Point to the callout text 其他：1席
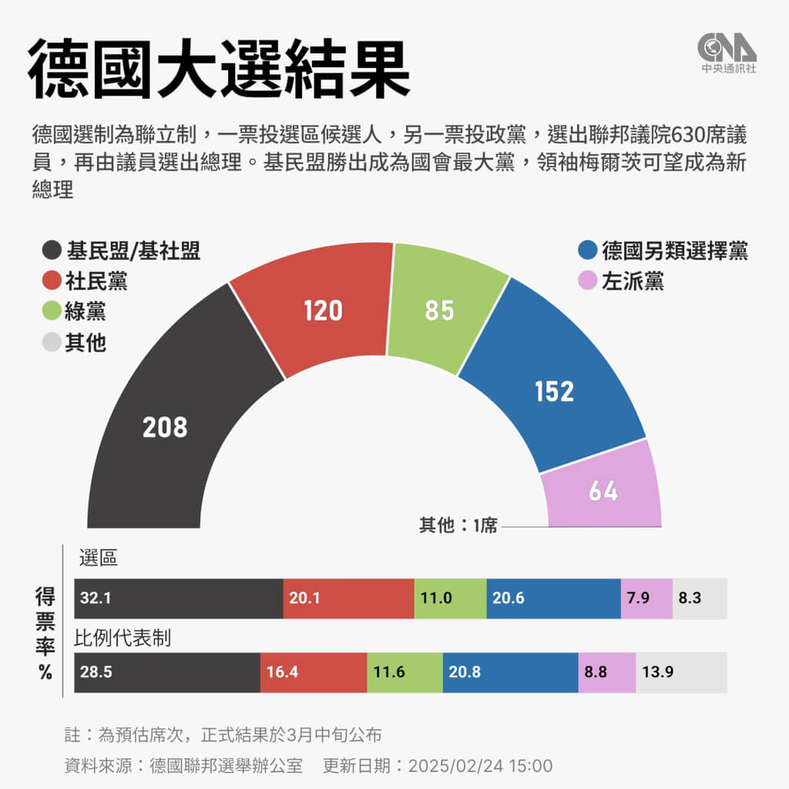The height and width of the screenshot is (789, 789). pyautogui.click(x=458, y=526)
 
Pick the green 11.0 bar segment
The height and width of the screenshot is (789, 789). pyautogui.click(x=450, y=598)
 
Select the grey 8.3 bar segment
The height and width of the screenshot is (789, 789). pyautogui.click(x=700, y=598)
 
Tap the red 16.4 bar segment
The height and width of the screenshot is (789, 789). pyautogui.click(x=314, y=672)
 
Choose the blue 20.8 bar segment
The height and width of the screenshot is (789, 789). pyautogui.click(x=511, y=672)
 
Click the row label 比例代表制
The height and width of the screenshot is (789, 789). pyautogui.click(x=122, y=638)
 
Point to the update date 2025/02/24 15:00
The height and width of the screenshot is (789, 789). pyautogui.click(x=480, y=766)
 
